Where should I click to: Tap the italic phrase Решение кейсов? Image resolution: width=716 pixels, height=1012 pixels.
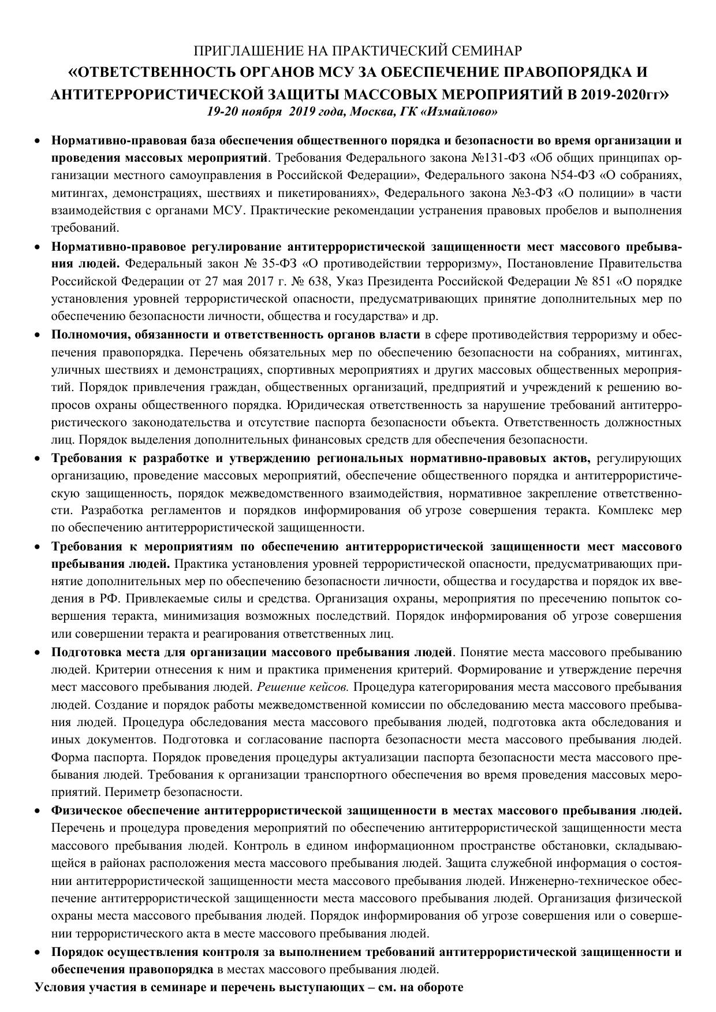tap(303, 687)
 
